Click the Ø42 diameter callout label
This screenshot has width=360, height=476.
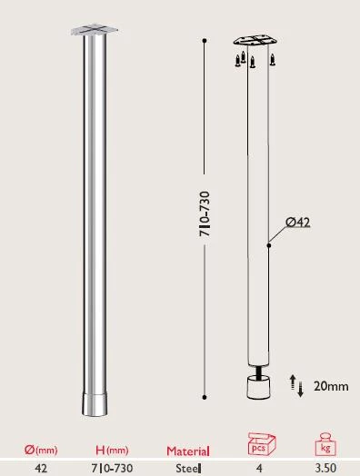pos(298,222)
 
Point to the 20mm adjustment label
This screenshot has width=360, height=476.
pos(331,386)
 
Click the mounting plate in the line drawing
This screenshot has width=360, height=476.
pos(254,42)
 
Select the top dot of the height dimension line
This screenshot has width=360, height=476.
pos(205,41)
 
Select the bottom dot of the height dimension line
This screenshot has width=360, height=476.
pos(205,394)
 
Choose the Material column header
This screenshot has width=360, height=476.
pos(188,451)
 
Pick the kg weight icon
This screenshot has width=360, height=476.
pos(324,446)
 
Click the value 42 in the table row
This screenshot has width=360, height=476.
pos(41,468)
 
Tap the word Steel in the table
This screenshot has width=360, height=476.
pos(188,468)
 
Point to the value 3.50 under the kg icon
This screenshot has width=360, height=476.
pos(324,468)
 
